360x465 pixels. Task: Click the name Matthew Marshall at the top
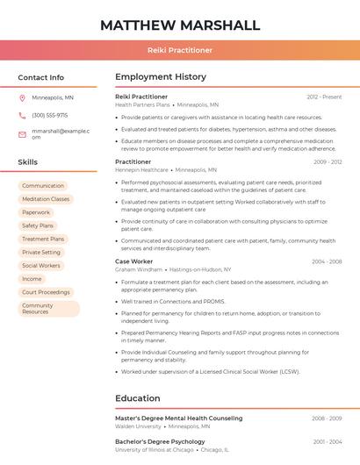click(x=180, y=25)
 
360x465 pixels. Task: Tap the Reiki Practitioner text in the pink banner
click(x=180, y=51)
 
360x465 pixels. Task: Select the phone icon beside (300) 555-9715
click(x=22, y=115)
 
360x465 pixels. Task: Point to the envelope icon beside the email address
click(x=22, y=133)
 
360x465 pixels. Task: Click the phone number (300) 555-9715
click(x=49, y=115)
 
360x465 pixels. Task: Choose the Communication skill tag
click(x=43, y=186)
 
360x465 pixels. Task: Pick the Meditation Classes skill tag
click(x=46, y=199)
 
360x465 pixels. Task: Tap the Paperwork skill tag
click(x=36, y=212)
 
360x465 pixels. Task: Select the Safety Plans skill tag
click(x=38, y=225)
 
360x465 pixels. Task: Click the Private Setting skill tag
click(x=41, y=252)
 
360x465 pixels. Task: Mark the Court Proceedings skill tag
click(x=46, y=292)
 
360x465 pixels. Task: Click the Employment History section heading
click(x=161, y=77)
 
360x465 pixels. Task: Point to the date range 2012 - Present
click(x=324, y=97)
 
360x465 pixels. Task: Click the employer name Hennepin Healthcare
click(x=141, y=170)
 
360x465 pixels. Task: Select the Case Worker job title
click(x=133, y=261)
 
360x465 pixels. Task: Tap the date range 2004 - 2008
click(x=327, y=261)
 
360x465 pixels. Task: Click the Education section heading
click(x=137, y=398)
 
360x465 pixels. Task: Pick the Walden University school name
click(x=138, y=426)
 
